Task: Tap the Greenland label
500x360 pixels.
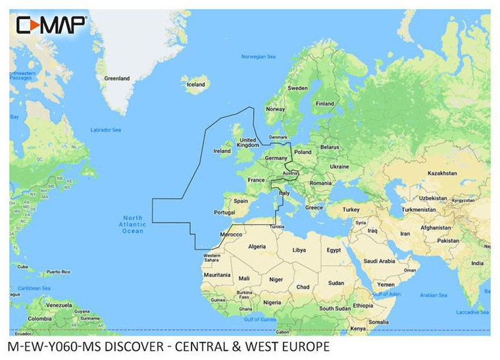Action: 117,78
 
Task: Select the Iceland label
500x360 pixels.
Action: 196,84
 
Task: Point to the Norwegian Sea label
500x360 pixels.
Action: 257,57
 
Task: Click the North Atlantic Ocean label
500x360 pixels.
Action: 133,224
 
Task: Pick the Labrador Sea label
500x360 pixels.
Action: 105,130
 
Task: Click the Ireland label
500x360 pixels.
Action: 222,151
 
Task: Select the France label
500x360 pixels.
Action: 255,179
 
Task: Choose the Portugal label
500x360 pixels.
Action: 225,212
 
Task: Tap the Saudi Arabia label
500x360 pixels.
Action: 378,261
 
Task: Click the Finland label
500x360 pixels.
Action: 324,103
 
